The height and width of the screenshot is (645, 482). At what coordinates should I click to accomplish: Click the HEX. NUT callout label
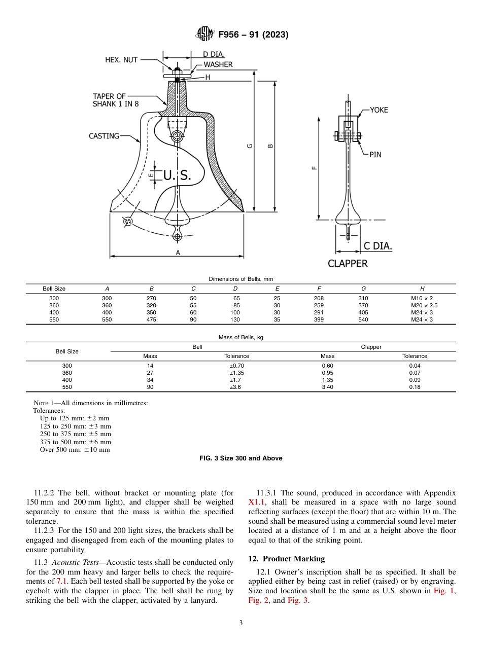[121, 60]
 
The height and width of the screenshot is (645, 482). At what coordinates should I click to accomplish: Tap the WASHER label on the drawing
[218, 64]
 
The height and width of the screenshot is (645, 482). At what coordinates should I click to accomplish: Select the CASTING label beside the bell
[104, 136]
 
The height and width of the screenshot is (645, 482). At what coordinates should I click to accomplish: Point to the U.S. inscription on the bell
[177, 175]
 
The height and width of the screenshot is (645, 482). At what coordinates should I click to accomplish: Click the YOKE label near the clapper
[378, 110]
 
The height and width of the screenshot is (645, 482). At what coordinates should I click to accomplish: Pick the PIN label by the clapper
[375, 155]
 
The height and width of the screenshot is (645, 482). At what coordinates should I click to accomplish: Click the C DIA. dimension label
[378, 246]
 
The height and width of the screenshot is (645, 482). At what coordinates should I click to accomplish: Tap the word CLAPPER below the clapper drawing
[348, 264]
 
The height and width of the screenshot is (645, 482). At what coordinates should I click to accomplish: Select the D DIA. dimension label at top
[214, 54]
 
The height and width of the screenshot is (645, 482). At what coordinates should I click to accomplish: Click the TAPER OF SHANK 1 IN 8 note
[116, 100]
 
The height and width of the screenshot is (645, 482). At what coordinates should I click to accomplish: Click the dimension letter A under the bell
[178, 252]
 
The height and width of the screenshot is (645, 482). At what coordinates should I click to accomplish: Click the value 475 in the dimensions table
[151, 320]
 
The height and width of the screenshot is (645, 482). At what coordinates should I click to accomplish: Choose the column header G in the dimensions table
[363, 289]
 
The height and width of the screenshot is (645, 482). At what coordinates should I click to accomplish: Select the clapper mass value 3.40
[327, 387]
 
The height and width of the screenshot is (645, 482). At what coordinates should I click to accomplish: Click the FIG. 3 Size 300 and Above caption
[241, 458]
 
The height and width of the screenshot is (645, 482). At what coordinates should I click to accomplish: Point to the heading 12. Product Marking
[286, 559]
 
